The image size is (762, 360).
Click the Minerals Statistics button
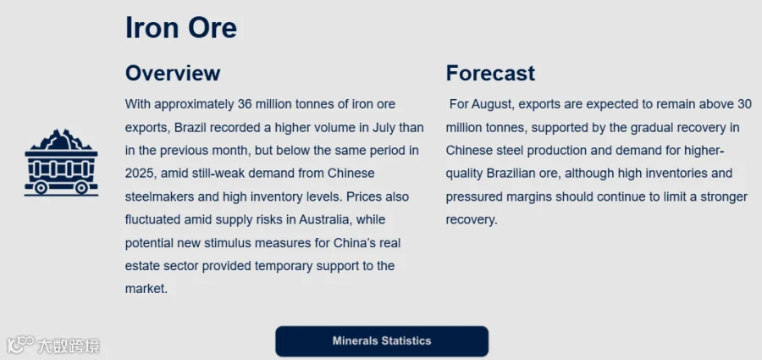pos(382,341)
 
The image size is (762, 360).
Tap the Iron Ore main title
pos(181,28)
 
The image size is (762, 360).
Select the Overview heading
pos(173,74)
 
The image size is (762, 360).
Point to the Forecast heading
pos(490,74)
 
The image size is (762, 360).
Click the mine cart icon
pos(61,163)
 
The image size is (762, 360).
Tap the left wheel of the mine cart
pos(41,188)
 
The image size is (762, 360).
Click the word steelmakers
pos(157,197)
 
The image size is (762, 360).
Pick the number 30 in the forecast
pos(744,104)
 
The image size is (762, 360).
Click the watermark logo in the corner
pos(53,345)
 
